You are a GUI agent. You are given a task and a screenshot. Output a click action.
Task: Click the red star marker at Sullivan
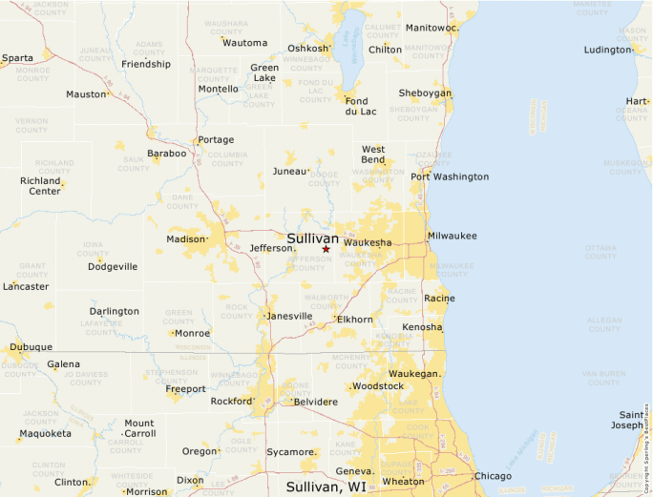tap(326, 249)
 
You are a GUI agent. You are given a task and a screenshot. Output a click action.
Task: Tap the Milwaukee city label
tap(452, 236)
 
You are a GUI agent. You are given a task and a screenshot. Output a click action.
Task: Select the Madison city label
tap(186, 239)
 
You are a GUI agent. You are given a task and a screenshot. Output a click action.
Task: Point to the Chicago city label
tap(493, 476)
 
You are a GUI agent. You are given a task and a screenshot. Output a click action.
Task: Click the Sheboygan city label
tap(425, 93)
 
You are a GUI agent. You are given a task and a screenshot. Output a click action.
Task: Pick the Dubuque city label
tap(32, 347)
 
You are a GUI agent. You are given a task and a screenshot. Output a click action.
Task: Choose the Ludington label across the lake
tap(607, 50)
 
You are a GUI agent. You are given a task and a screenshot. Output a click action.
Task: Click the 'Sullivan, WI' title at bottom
tap(326, 487)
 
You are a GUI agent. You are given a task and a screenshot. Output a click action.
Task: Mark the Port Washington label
tap(450, 176)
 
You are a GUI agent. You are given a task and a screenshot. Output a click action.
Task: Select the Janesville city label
tap(289, 316)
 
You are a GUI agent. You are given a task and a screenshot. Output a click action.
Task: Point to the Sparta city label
tap(17, 58)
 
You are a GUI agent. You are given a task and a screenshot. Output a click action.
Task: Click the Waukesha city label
tap(367, 243)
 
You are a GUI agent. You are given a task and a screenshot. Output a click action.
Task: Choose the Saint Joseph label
tap(631, 420)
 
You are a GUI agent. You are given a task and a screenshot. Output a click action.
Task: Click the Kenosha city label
tap(423, 327)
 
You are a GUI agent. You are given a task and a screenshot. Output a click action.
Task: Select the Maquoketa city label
tap(45, 434)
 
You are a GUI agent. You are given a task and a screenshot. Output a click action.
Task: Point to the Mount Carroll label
tap(139, 427)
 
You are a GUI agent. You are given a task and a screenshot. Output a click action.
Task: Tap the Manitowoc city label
tap(432, 28)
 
